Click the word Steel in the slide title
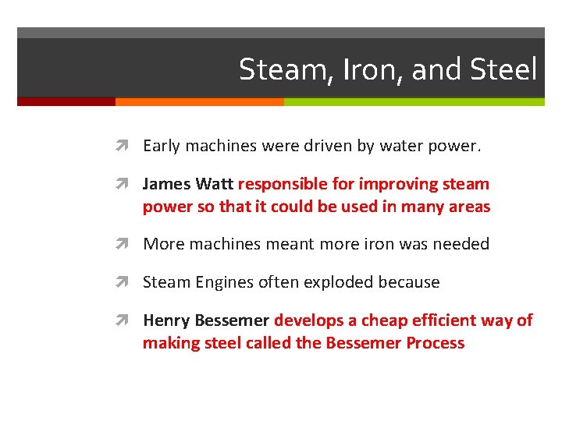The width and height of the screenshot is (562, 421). [x=504, y=69]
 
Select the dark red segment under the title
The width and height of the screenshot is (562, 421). [x=66, y=101]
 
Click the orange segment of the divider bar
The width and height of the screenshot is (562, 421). [x=199, y=101]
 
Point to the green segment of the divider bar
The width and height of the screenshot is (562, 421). [x=414, y=101]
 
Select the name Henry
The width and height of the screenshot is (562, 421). [x=165, y=320]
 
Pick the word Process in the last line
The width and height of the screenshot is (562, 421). [x=435, y=343]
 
